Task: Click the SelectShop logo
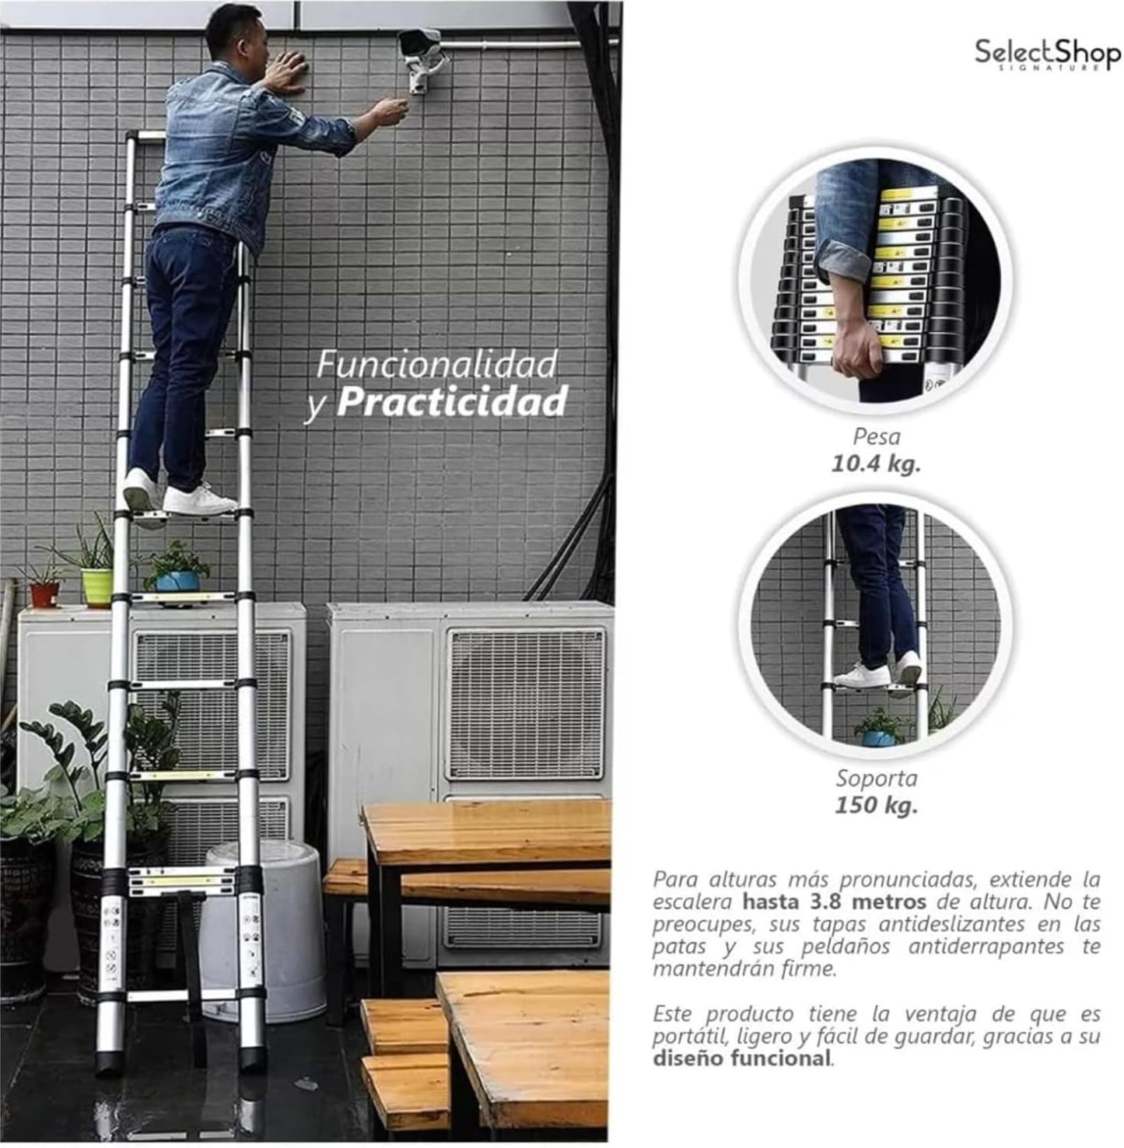click(x=1048, y=54)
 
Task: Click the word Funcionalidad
click(x=437, y=365)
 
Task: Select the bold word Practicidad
click(x=452, y=402)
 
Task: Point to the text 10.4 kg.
click(x=876, y=464)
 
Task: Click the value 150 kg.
click(x=877, y=805)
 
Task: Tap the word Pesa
click(x=877, y=437)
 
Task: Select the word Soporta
click(x=877, y=779)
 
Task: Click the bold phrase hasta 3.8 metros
click(x=834, y=902)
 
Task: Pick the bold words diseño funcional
click(x=741, y=1059)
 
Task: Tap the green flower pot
click(x=97, y=587)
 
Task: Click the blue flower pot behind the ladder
click(x=177, y=581)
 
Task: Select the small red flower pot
click(x=44, y=595)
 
